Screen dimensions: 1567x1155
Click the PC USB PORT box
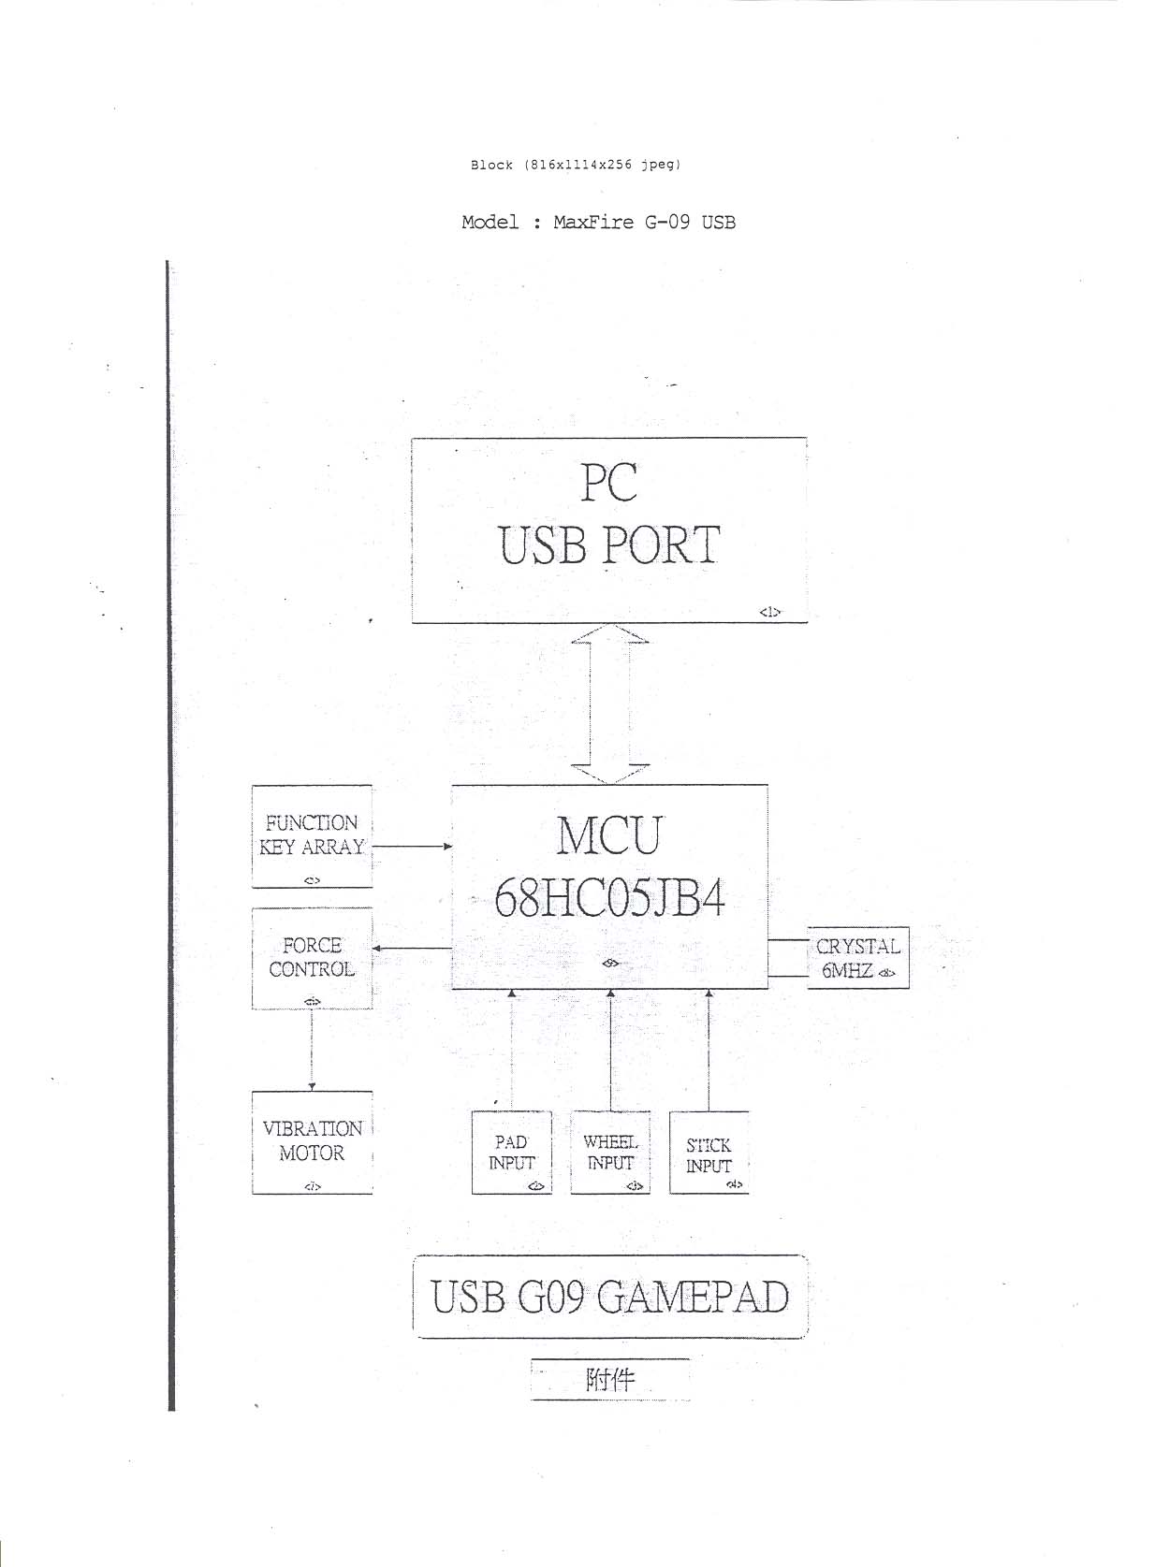coord(608,530)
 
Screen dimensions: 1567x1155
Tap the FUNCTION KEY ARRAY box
coord(312,835)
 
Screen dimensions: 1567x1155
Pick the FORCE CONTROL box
coord(312,958)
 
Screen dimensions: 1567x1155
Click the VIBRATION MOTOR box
coord(312,1141)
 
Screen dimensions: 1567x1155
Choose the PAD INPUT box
coord(511,1152)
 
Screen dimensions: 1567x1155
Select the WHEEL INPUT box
coord(610,1152)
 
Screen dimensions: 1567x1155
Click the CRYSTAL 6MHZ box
coord(857,958)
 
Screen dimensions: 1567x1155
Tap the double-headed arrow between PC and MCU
coord(609,704)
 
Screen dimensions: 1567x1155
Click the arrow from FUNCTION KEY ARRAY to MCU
coord(412,846)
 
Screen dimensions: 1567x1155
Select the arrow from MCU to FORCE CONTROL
coord(412,949)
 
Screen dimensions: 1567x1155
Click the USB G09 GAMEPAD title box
coord(609,1297)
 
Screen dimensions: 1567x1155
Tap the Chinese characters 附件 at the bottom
coord(609,1379)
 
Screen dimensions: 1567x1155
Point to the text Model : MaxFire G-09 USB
coord(598,223)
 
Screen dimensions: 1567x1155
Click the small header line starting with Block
coord(576,165)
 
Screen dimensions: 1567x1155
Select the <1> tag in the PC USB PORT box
coord(769,612)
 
